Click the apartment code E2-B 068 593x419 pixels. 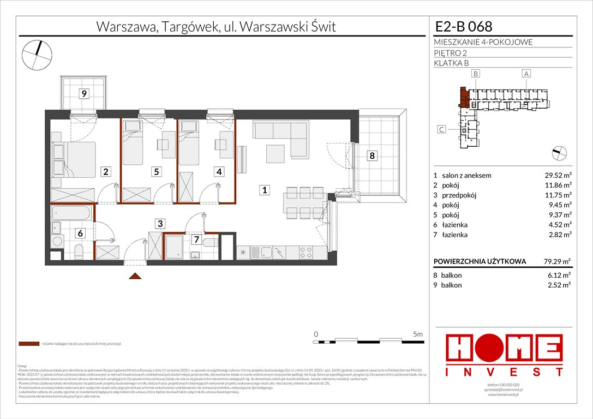pos(464,26)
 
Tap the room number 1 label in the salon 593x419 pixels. pos(264,190)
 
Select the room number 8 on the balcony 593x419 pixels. pos(372,156)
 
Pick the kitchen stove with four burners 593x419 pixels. pos(305,252)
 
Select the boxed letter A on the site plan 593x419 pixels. pos(526,74)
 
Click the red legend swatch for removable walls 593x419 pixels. pos(29,344)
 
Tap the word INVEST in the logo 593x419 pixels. pos(504,372)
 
